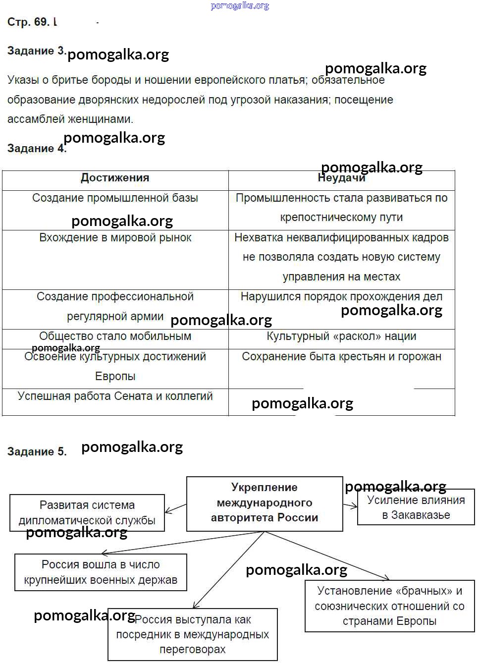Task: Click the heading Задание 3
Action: pos(36,51)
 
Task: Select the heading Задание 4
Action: pos(36,148)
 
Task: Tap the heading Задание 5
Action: pos(37,451)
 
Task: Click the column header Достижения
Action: pos(115,178)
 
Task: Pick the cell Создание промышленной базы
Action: pos(115,198)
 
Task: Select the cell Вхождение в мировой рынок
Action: pos(115,238)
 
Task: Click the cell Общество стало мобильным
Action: pos(115,336)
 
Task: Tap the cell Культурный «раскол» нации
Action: pos(341,336)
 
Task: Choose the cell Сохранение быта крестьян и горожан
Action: pos(341,357)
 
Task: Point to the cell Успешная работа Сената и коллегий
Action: pos(115,396)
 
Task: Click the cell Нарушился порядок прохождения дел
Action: pos(341,297)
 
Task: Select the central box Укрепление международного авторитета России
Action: pos(265,503)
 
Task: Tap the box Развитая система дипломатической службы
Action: pos(87,513)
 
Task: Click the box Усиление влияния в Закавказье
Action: pos(416,507)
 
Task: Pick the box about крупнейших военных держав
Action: pos(101,572)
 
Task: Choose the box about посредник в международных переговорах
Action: pos(193,634)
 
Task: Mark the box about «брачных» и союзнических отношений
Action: pos(389,606)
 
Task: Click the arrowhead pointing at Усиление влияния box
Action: pos(354,506)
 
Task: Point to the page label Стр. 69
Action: pos(29,22)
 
